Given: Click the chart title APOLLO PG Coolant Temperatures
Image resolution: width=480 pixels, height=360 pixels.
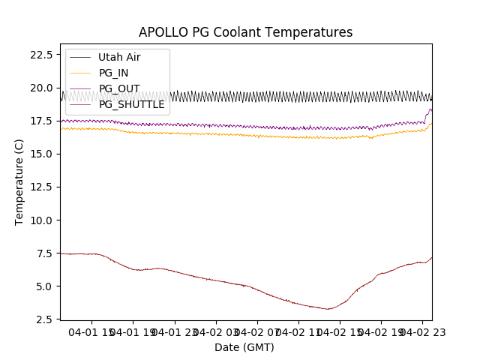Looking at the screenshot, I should tap(245, 32).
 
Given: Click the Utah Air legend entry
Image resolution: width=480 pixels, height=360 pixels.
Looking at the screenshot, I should tap(118, 57).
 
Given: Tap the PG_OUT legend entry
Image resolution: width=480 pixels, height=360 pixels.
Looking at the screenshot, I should tap(118, 88).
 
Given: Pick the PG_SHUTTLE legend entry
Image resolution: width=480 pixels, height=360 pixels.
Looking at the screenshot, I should tap(131, 104).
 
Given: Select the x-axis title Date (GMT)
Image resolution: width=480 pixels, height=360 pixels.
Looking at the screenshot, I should tap(244, 347).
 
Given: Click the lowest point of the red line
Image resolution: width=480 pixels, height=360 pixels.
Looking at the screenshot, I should tap(328, 309).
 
